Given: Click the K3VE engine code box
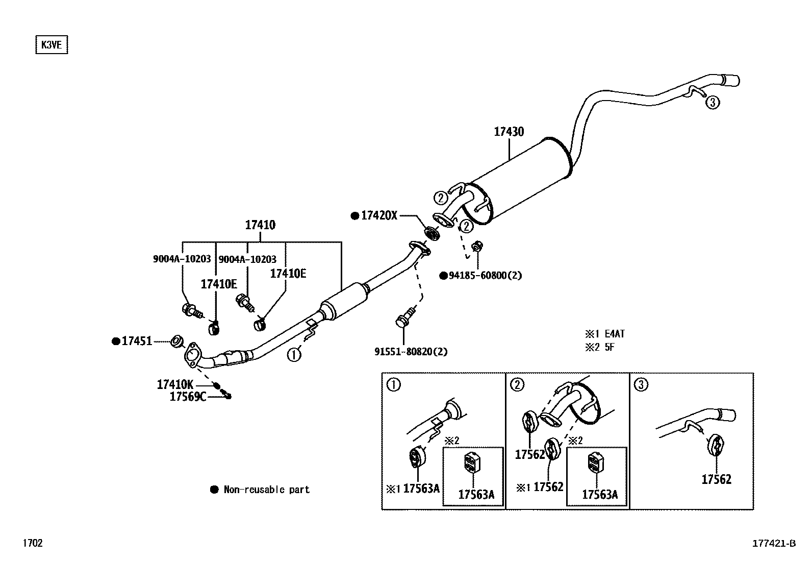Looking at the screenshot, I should click(x=51, y=45).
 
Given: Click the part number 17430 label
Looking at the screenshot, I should click(x=509, y=132).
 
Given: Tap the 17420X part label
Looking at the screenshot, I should click(x=379, y=215).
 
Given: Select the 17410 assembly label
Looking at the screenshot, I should click(x=260, y=225).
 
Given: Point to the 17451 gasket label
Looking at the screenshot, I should click(x=137, y=341).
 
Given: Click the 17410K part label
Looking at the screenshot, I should click(x=175, y=384).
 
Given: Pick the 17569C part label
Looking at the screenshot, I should click(x=188, y=397).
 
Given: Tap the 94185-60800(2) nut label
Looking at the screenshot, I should click(x=485, y=276).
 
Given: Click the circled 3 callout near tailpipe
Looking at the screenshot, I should click(x=713, y=103).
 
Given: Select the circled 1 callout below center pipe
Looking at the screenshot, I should click(x=294, y=354).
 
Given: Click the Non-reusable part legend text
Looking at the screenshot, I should click(x=266, y=490).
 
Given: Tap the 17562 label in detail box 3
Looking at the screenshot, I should click(x=716, y=479).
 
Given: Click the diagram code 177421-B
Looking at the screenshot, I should click(x=774, y=543).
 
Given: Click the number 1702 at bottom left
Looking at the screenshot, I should click(x=32, y=543).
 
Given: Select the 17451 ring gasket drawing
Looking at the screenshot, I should click(x=176, y=341).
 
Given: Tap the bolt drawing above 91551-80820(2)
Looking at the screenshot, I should click(x=403, y=319).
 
